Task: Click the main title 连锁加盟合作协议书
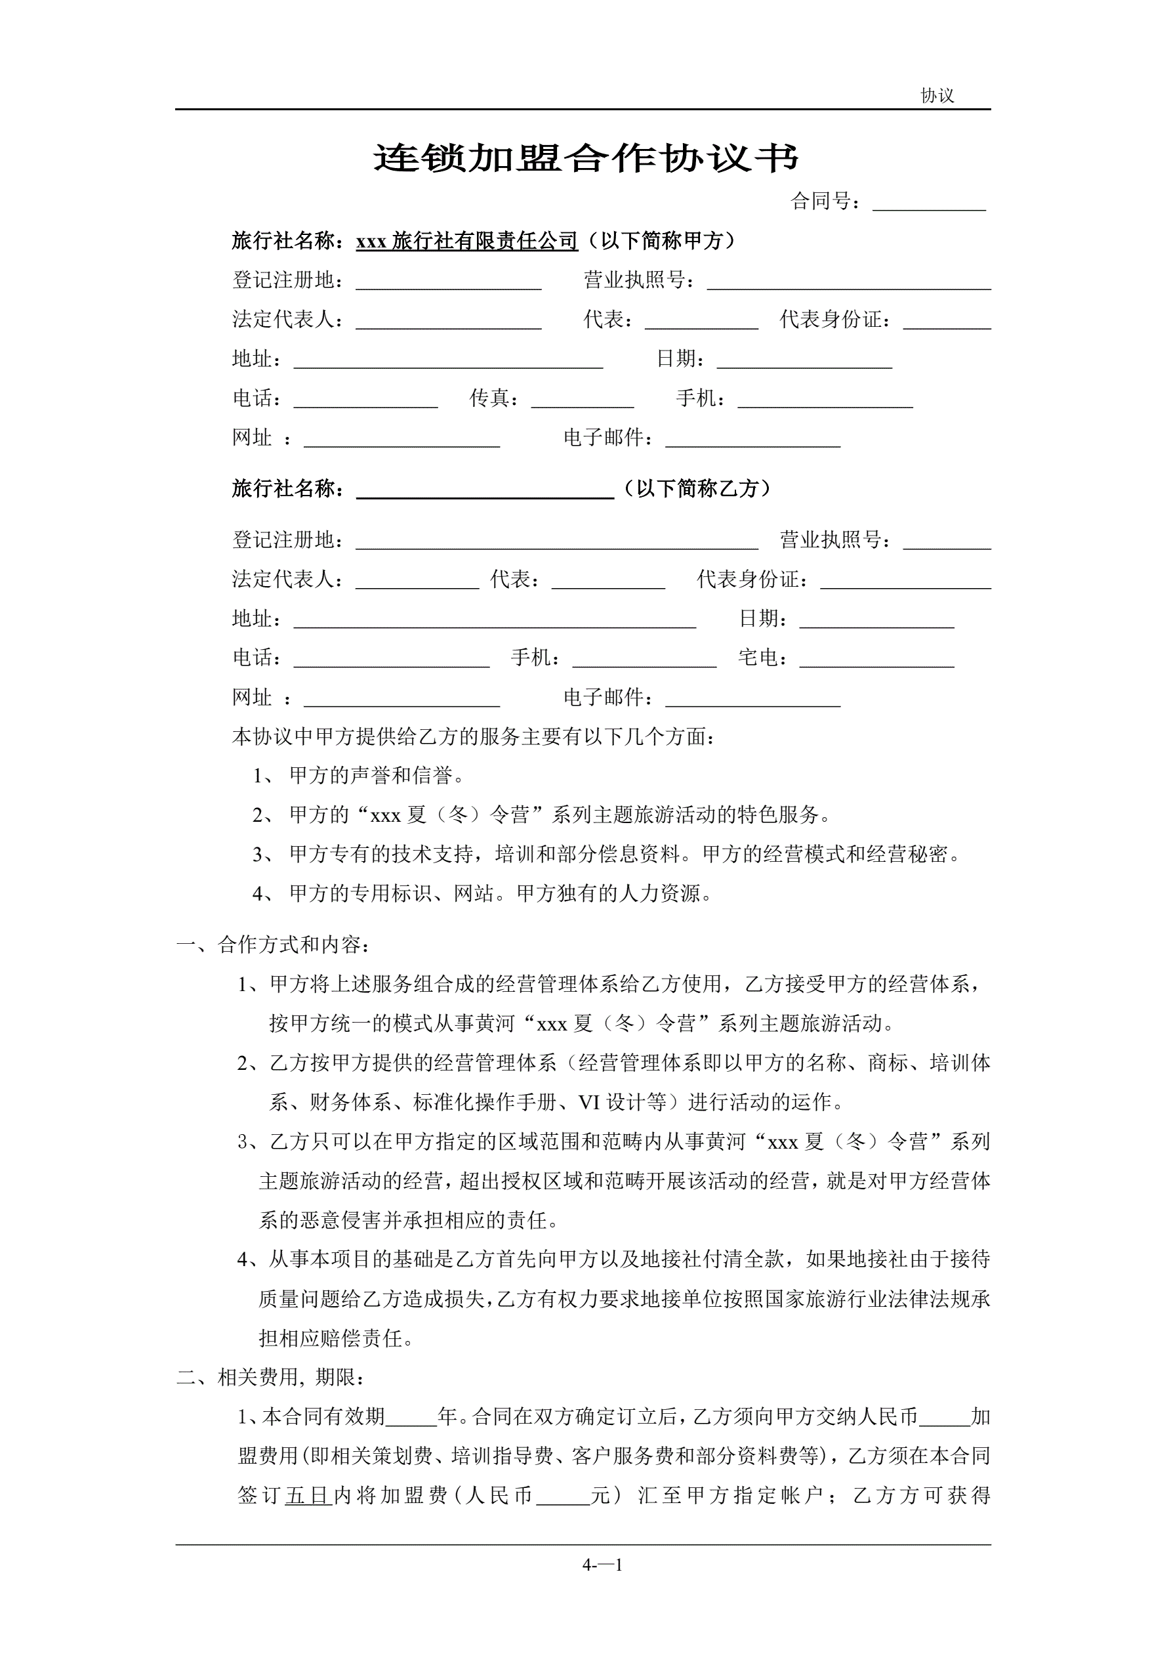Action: pyautogui.click(x=585, y=158)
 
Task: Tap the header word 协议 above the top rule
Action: pyautogui.click(x=937, y=95)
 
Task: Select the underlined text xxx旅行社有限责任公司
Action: pyautogui.click(x=466, y=241)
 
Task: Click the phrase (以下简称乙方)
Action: pyautogui.click(x=697, y=489)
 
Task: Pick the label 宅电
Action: pyautogui.click(x=758, y=658)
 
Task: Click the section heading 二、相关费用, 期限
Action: pyautogui.click(x=271, y=1378)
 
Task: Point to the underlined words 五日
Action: pyautogui.click(x=308, y=1496)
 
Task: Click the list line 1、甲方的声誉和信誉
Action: pyautogui.click(x=358, y=776)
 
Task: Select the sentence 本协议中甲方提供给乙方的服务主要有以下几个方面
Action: pyautogui.click(x=473, y=736)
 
